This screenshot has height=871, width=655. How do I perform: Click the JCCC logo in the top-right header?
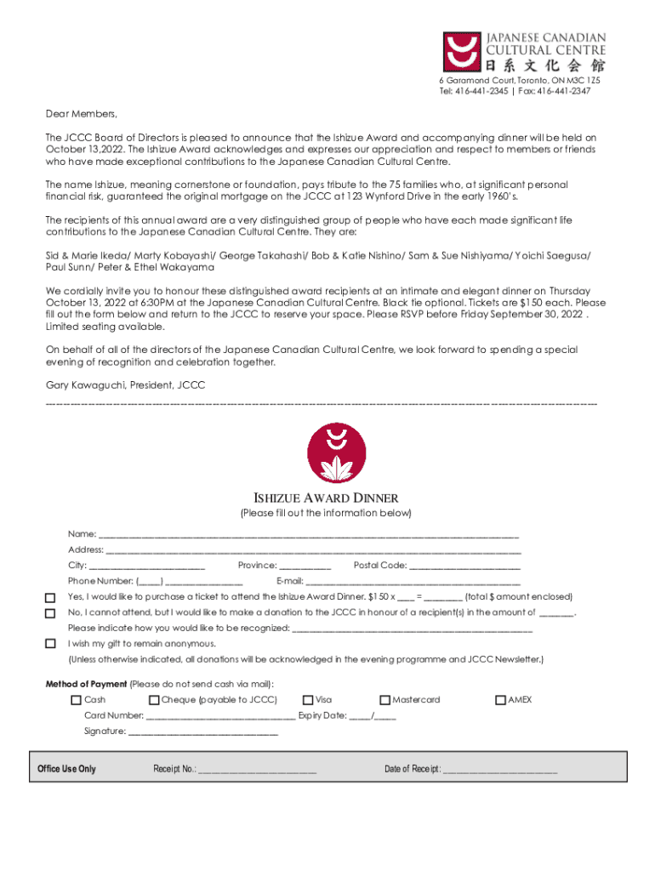[x=523, y=52]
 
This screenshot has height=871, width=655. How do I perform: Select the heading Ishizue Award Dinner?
[x=327, y=498]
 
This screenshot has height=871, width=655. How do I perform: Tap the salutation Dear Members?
[x=81, y=114]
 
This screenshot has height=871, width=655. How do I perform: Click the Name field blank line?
[x=309, y=535]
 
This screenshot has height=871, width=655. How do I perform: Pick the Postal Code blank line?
[x=464, y=566]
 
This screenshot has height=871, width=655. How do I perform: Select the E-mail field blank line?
[x=413, y=582]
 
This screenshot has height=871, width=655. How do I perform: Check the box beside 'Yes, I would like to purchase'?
[x=50, y=598]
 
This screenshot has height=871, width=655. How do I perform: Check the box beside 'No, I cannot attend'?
[x=50, y=613]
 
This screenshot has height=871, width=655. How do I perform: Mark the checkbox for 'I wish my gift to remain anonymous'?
[x=50, y=644]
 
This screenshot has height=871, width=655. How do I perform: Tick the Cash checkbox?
[x=76, y=700]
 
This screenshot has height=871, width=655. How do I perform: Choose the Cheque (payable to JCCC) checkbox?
[x=154, y=700]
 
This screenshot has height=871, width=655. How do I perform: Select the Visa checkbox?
[x=308, y=700]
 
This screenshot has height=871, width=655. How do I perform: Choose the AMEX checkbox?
[x=500, y=700]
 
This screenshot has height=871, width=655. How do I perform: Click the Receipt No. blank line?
[x=258, y=770]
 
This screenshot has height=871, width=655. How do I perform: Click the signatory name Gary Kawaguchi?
[x=86, y=385]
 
